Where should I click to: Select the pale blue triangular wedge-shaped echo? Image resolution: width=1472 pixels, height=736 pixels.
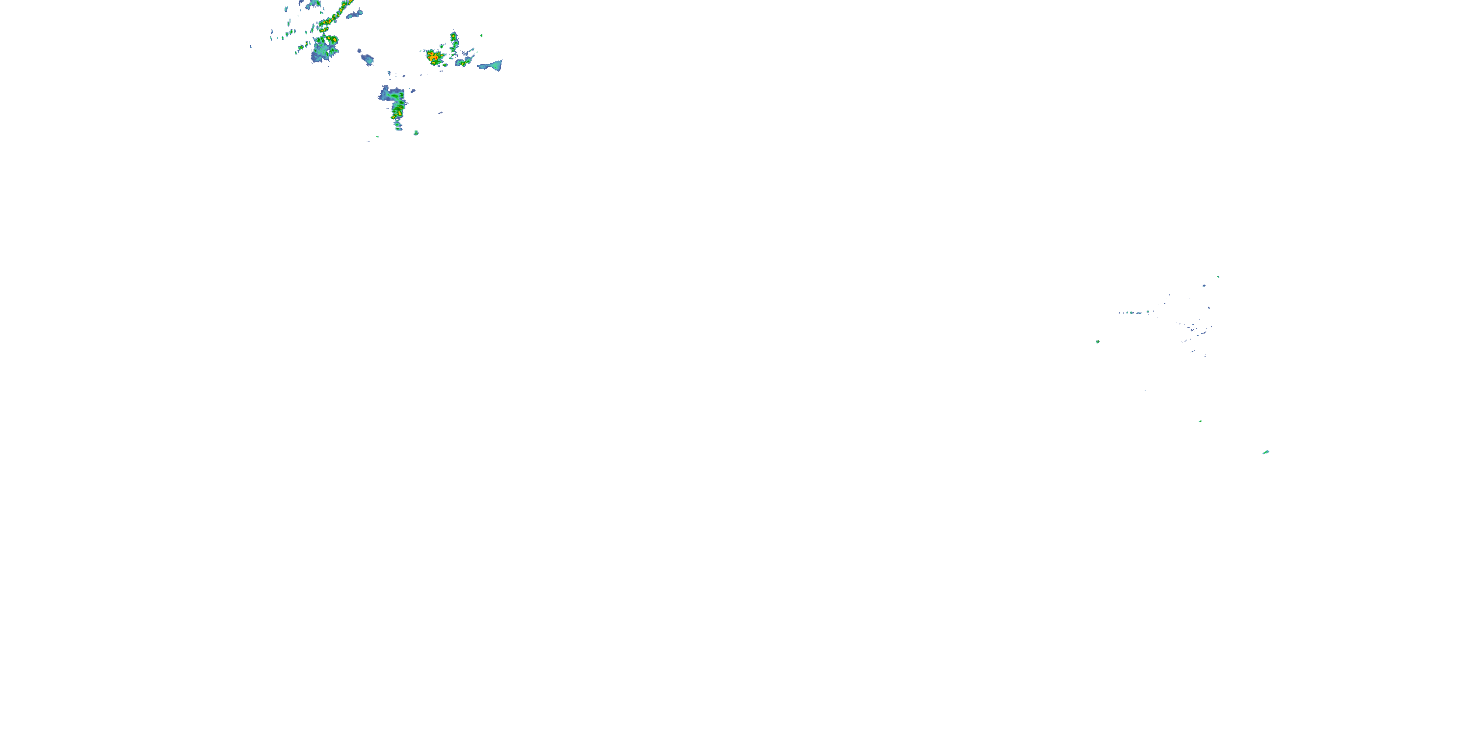click(492, 66)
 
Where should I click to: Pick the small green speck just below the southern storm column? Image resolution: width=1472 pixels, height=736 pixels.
click(416, 132)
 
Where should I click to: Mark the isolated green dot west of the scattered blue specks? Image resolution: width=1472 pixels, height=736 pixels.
click(1098, 342)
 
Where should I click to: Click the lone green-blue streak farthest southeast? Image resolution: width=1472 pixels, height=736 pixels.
click(1266, 452)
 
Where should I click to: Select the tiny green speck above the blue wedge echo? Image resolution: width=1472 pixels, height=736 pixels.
click(481, 35)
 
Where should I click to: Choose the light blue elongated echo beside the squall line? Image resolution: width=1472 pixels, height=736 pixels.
click(354, 14)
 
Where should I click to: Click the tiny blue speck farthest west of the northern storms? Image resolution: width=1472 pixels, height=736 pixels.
click(250, 46)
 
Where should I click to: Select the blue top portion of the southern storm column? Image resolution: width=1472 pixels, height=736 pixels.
click(390, 93)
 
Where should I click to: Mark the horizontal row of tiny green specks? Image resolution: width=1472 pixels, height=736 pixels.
click(1134, 313)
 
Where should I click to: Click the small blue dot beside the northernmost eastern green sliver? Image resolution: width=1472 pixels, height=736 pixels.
click(1204, 286)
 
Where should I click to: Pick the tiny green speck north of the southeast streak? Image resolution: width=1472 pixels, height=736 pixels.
click(1200, 421)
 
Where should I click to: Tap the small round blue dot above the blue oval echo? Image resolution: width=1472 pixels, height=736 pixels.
click(358, 50)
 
